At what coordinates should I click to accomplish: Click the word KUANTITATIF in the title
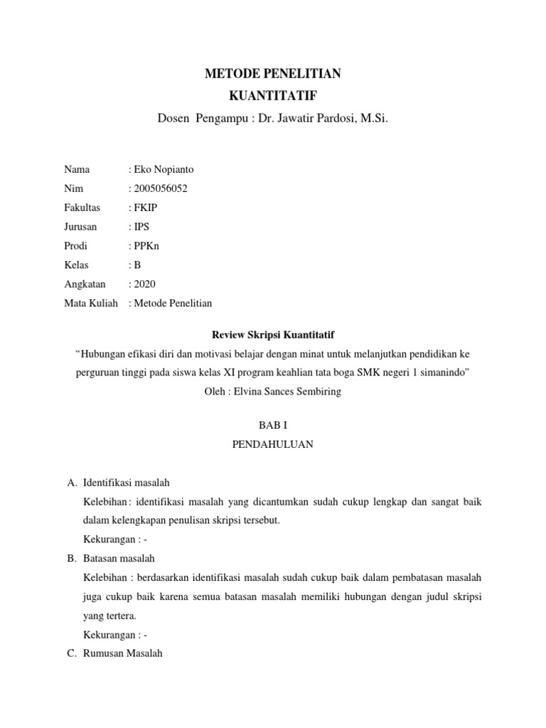[x=273, y=96]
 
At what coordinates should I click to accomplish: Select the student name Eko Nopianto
[x=163, y=169]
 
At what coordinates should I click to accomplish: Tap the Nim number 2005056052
[x=161, y=188]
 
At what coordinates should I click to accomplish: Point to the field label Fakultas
[x=82, y=208]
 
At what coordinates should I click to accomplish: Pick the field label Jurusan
[x=80, y=227]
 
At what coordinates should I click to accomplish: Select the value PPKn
[x=146, y=246]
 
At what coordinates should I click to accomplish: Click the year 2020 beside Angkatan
[x=144, y=284]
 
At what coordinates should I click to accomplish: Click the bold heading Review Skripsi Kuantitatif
[x=273, y=334]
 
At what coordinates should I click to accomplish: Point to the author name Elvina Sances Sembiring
[x=291, y=392]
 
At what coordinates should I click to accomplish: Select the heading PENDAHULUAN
[x=273, y=444]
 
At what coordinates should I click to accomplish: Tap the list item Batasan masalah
[x=119, y=558]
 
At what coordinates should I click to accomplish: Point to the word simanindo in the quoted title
[x=441, y=373]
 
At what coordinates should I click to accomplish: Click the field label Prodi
[x=75, y=246]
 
